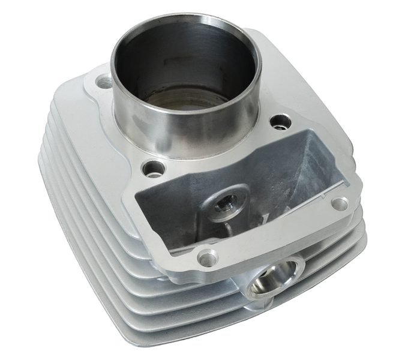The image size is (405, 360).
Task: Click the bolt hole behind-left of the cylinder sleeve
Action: click(104, 82)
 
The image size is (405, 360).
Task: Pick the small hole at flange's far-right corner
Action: click(340, 203)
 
